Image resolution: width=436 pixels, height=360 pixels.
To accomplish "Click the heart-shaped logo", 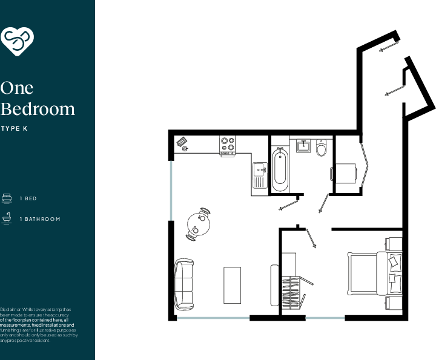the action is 17,41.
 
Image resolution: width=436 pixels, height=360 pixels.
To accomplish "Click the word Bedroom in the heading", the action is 38,109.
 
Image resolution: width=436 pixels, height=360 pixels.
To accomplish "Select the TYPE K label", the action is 15,128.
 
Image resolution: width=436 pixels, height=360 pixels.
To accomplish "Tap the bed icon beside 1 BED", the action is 7,198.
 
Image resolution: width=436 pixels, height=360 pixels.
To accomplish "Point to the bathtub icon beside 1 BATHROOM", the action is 7,218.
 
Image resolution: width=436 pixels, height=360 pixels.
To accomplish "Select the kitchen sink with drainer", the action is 260,176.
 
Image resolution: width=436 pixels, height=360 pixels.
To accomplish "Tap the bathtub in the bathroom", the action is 280,169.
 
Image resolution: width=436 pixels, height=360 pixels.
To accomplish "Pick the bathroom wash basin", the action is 303,146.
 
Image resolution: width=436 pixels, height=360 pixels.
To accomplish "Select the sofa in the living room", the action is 183,284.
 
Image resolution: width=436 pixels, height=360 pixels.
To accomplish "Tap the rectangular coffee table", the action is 233,284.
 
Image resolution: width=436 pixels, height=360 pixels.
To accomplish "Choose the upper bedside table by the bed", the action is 394,244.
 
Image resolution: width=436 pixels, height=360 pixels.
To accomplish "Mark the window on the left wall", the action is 171,190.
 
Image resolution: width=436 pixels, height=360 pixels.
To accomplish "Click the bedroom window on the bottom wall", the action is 325,318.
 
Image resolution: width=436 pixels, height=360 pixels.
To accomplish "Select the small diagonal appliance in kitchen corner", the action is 182,143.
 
